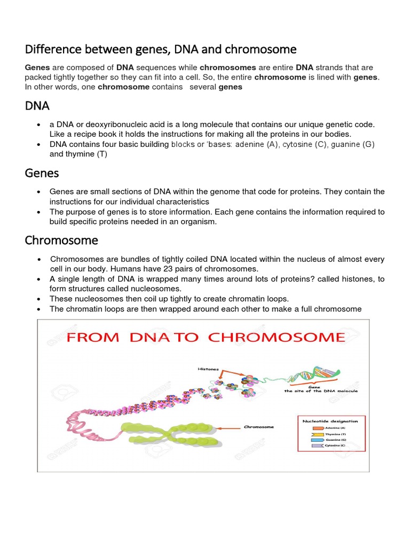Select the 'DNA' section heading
coord(37,106)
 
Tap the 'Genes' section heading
coord(42,173)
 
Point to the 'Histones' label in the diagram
coord(206,369)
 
